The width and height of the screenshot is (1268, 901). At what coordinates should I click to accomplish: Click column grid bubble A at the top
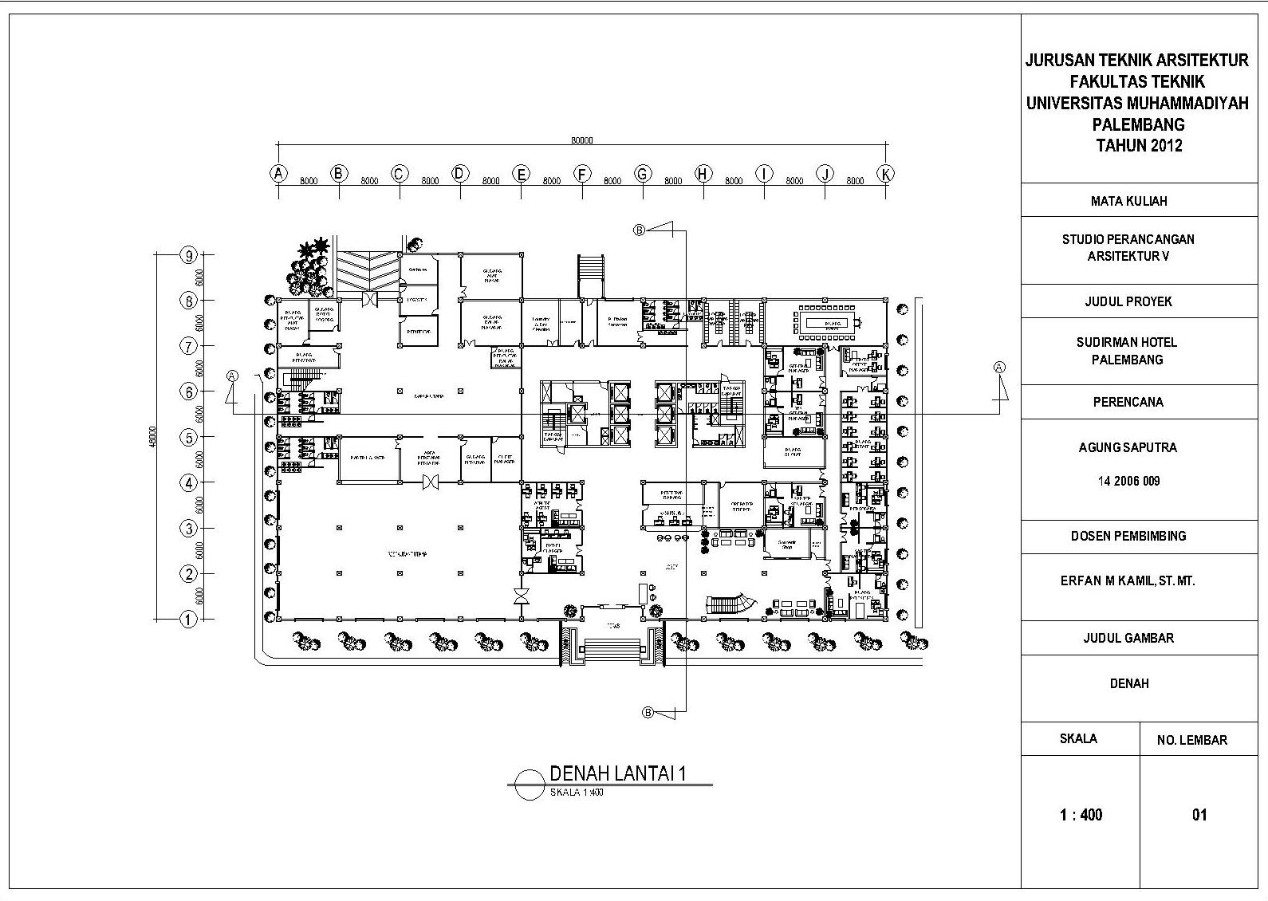coord(278,173)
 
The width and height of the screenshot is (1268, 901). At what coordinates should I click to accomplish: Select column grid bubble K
coord(885,173)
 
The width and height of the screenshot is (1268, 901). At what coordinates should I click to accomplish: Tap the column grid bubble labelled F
coord(582,173)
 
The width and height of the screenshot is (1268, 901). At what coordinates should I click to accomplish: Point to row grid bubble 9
coord(188,256)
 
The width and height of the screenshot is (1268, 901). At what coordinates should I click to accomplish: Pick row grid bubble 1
coord(188,619)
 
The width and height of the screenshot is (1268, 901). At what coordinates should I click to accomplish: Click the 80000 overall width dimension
coord(582,140)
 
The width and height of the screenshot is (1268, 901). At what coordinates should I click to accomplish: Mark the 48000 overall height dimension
coord(153,437)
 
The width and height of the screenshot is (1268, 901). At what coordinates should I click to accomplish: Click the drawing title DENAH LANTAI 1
coord(618,773)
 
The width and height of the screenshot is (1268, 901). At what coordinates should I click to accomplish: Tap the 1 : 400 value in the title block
coord(1081,815)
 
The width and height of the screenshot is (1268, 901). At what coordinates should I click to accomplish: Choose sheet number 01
coord(1199,815)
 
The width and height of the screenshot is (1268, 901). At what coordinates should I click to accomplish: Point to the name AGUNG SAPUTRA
coord(1127,447)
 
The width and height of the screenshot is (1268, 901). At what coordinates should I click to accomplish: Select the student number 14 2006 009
coord(1128,481)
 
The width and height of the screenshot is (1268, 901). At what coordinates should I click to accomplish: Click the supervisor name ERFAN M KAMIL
coord(1127,581)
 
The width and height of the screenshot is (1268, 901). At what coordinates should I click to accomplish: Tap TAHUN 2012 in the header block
coord(1139,146)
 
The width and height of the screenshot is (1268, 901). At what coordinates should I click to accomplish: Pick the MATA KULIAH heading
coord(1128,201)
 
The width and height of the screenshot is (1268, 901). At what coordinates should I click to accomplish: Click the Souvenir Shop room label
coord(788,545)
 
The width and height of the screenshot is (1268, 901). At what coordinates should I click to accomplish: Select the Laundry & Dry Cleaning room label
coord(540,322)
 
